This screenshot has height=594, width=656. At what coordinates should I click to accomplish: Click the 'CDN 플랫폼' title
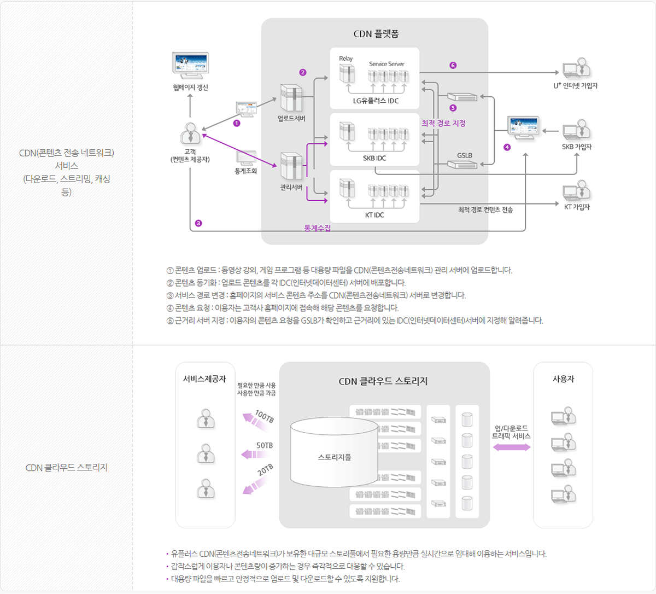click(376, 34)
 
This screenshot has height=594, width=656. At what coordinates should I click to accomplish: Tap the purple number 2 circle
click(303, 72)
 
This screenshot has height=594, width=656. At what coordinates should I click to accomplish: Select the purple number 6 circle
click(453, 66)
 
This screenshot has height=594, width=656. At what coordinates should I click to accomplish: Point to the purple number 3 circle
click(198, 223)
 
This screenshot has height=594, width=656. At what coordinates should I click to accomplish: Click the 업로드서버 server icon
click(291, 98)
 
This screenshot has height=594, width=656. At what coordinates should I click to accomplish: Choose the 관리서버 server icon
click(291, 166)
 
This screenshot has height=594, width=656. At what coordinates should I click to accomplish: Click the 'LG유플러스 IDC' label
click(376, 101)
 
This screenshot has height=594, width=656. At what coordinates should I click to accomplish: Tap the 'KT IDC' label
click(374, 215)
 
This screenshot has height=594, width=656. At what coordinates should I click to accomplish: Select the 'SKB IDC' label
click(374, 158)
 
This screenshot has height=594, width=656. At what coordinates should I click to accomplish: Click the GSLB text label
click(465, 155)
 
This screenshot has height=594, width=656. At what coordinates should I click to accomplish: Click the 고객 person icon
click(190, 133)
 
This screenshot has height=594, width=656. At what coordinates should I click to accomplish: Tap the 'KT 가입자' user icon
click(577, 191)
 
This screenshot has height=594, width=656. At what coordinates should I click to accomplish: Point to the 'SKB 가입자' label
click(577, 147)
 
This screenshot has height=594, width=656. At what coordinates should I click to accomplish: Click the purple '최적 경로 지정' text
click(443, 123)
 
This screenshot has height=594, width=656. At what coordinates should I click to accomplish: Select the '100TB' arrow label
click(265, 417)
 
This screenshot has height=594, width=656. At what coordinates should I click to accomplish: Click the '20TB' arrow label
click(265, 469)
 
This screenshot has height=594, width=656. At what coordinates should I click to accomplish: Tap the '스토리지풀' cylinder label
click(335, 457)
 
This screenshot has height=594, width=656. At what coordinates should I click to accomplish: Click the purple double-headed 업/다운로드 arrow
click(512, 447)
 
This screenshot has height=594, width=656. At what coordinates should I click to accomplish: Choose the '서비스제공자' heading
click(204, 378)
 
